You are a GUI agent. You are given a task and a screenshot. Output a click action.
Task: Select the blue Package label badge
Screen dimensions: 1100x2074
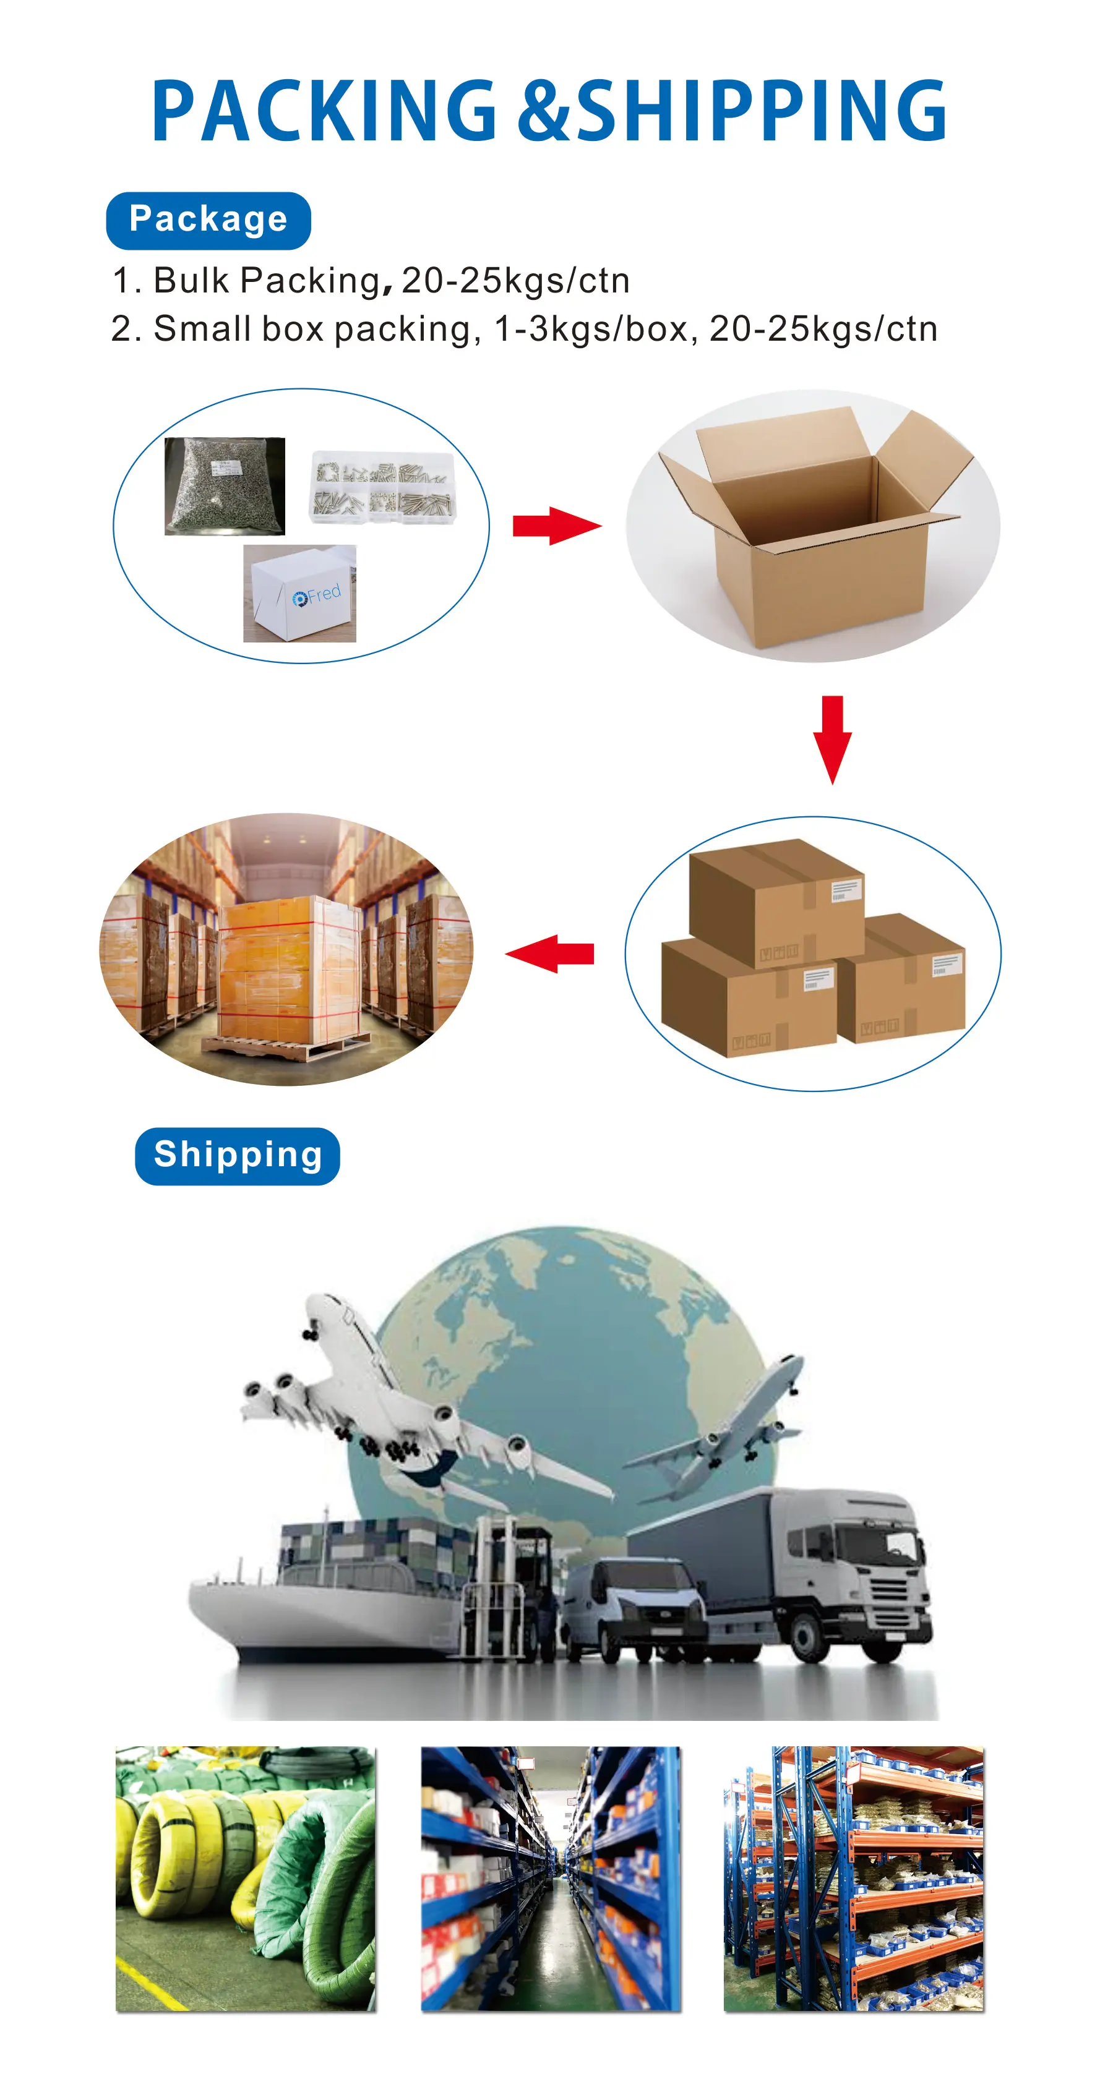pos(208,220)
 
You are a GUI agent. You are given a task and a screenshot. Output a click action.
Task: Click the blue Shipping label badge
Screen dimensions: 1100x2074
pos(238,1155)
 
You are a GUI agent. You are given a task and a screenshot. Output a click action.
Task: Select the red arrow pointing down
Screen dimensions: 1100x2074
pos(832,738)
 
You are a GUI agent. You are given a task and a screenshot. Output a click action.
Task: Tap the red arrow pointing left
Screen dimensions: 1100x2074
pos(549,954)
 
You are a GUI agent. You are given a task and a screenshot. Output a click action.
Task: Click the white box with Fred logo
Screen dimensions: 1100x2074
pos(299,594)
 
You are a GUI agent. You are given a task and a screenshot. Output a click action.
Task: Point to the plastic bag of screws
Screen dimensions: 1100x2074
pos(225,485)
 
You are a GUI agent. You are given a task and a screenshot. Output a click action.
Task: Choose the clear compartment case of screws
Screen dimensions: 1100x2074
pos(382,486)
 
